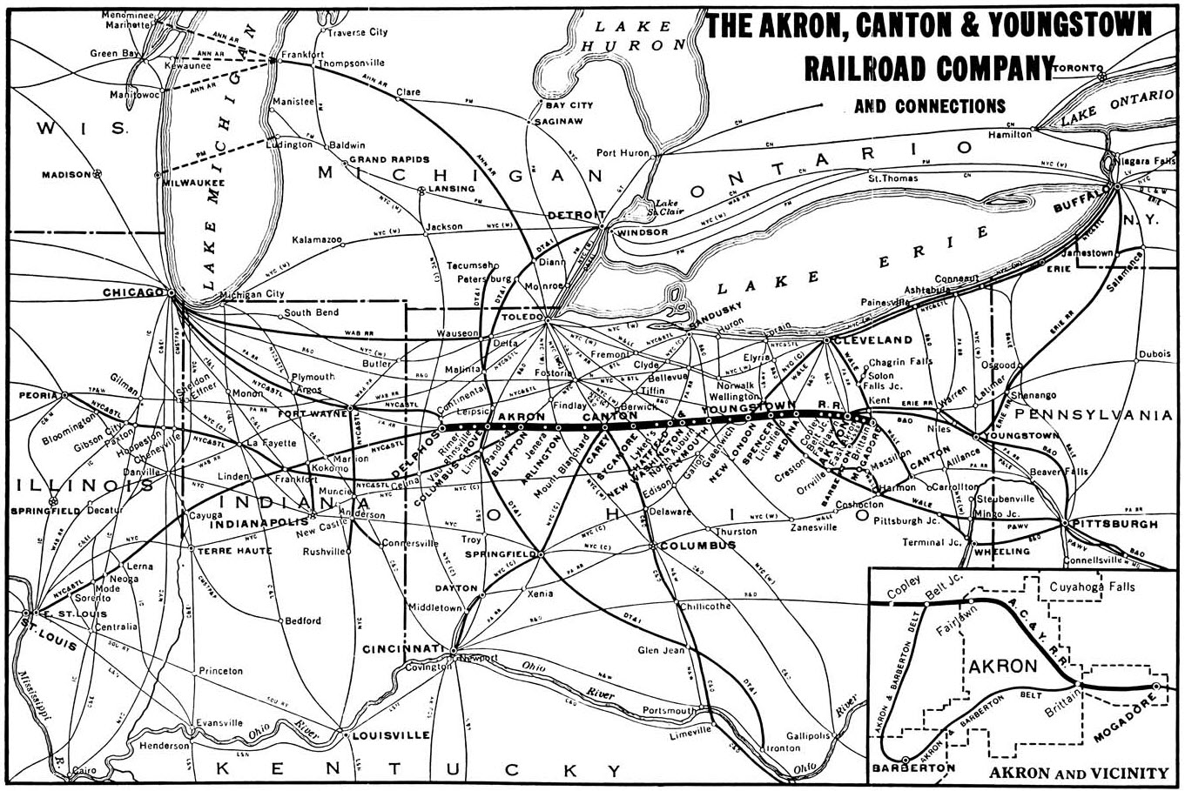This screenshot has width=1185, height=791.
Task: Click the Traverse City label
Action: pyautogui.click(x=357, y=32)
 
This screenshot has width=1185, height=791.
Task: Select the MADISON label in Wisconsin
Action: pyautogui.click(x=65, y=175)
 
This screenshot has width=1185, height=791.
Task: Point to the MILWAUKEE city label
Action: pyautogui.click(x=192, y=183)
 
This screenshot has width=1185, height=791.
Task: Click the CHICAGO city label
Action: pyautogui.click(x=133, y=292)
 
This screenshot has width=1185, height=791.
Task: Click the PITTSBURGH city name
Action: pyautogui.click(x=1116, y=525)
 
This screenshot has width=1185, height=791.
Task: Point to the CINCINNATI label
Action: pyautogui.click(x=404, y=649)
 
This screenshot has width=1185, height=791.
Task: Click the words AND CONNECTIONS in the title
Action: pyautogui.click(x=930, y=106)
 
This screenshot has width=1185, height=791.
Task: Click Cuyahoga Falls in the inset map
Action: pyautogui.click(x=1092, y=587)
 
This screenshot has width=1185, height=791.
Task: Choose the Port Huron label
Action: pyautogui.click(x=623, y=153)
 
